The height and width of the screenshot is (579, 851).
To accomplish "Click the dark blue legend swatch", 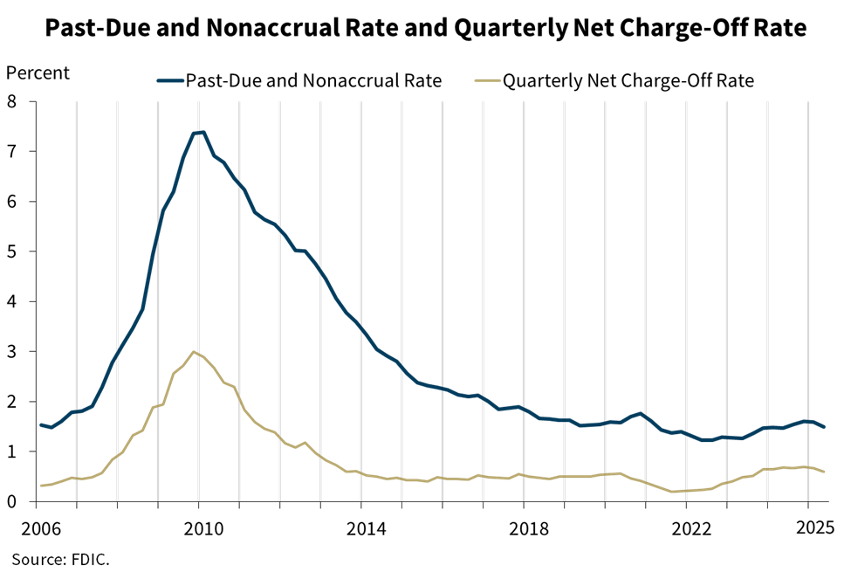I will click(170, 80).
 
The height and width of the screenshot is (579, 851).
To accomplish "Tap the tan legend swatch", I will click(488, 80).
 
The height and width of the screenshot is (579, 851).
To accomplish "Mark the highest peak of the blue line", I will click(198, 133).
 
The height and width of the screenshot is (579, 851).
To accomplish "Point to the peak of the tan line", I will click(195, 352).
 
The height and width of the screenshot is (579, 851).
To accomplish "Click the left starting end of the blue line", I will click(41, 424).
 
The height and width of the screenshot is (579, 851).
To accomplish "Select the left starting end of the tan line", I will click(41, 485).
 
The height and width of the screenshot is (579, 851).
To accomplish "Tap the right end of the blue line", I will click(824, 426).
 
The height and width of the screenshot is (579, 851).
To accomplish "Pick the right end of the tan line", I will click(824, 472).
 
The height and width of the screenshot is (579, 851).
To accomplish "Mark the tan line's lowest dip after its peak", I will click(674, 492).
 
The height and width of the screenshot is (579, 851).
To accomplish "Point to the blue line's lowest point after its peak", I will click(705, 440).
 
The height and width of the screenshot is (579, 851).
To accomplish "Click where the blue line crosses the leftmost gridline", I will click(77, 411).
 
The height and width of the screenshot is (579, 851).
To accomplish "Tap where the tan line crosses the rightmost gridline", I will click(808, 467).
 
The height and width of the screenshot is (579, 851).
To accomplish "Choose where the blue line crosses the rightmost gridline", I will click(808, 421).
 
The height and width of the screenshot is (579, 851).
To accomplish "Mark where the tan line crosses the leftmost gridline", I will click(77, 478).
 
